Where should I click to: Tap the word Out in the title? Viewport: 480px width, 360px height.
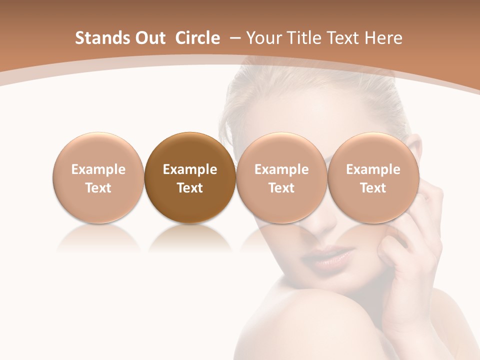pyautogui.click(x=148, y=38)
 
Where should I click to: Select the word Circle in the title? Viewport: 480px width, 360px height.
pyautogui.click(x=197, y=38)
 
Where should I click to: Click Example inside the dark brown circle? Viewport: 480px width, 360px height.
pyautogui.click(x=190, y=169)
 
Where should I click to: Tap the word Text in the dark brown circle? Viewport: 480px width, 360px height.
pyautogui.click(x=190, y=188)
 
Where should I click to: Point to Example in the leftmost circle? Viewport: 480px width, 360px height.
pyautogui.click(x=98, y=169)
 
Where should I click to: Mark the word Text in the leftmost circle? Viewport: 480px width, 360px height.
pyautogui.click(x=98, y=188)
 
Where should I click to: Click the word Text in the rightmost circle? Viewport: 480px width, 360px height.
pyautogui.click(x=373, y=188)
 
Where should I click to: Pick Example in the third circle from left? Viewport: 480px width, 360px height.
pyautogui.click(x=281, y=169)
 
